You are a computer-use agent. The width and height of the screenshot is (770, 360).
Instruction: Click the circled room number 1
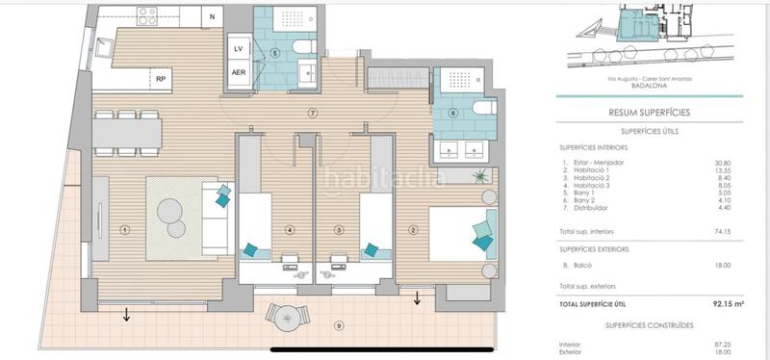click(125, 229)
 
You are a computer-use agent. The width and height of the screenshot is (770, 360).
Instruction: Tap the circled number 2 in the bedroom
click(413, 229)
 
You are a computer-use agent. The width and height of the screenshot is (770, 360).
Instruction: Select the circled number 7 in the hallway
click(312, 114)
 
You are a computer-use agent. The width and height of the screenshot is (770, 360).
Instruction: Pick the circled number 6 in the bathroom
click(452, 113)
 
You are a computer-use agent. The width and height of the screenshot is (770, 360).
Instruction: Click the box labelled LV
click(239, 48)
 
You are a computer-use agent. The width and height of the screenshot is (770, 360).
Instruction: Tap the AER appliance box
click(239, 73)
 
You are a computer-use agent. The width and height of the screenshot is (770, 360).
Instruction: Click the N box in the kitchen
click(212, 15)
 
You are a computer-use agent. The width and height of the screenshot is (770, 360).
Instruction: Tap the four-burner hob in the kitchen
click(147, 16)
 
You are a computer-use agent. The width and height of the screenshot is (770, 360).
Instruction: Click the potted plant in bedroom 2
click(480, 176)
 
